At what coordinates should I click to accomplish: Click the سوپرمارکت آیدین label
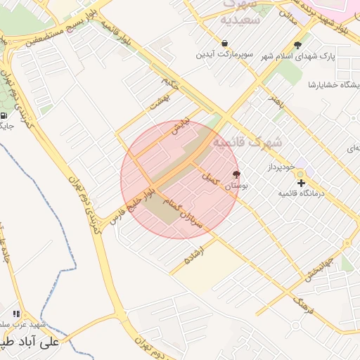tap(224, 53)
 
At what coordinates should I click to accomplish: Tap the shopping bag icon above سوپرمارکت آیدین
tap(224, 43)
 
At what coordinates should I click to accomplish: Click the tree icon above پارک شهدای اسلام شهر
tap(297, 44)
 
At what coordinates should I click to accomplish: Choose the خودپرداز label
tap(283, 167)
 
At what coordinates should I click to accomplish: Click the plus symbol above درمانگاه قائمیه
tap(302, 183)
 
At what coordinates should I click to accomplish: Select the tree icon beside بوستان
tap(236, 175)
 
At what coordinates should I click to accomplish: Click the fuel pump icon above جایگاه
tap(4, 116)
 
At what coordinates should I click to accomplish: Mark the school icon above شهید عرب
tap(16, 314)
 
